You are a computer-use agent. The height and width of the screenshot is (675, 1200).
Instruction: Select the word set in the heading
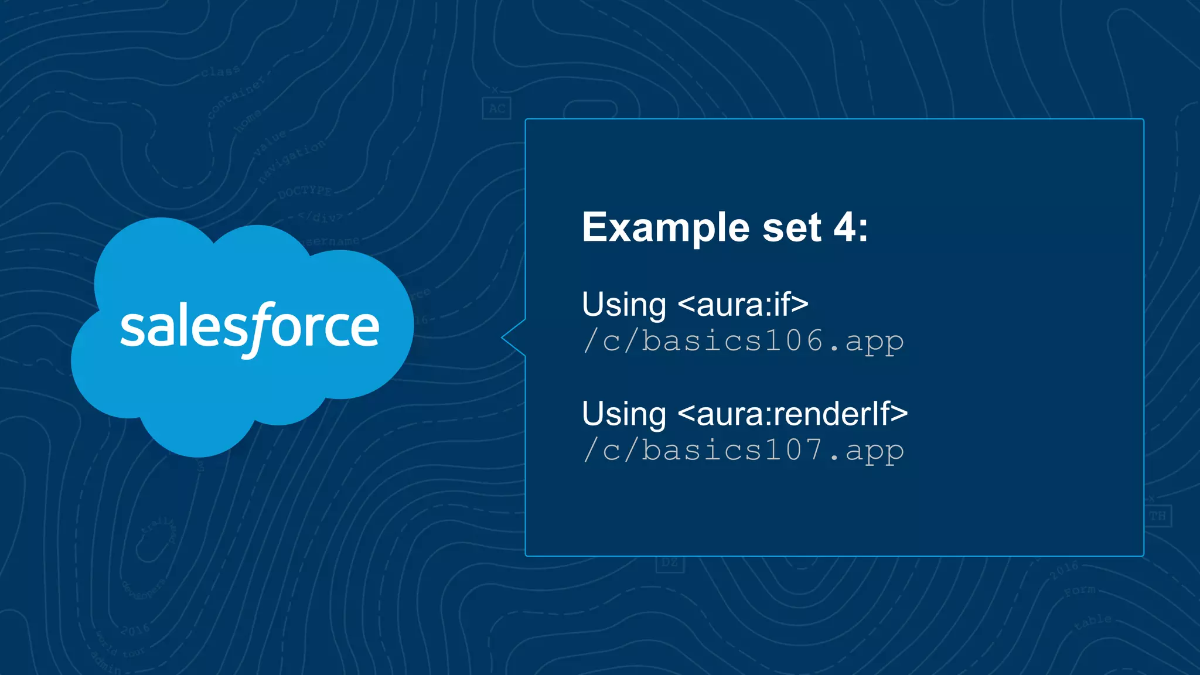point(792,228)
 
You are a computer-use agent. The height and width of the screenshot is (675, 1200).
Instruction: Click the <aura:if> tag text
point(743,305)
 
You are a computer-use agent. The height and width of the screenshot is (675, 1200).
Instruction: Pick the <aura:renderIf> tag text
point(793,414)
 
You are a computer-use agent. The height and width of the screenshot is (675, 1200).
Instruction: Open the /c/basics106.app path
point(743,341)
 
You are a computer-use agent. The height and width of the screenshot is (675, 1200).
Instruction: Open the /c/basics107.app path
point(743,451)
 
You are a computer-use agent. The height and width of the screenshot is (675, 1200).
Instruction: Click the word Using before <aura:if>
point(624,305)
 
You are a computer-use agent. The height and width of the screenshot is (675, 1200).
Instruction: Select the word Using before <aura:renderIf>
point(624,414)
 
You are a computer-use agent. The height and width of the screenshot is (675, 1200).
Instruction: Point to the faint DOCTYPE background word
point(305,192)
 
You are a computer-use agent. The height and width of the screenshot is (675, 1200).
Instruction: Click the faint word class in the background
point(220,71)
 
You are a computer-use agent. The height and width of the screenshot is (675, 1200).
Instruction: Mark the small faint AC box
point(497,108)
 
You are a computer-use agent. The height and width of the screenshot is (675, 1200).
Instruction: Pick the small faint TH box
point(1157,516)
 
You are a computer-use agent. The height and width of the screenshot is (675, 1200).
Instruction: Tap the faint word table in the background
point(1093,622)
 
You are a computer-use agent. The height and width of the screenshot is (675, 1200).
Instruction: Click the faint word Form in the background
point(1079,591)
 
